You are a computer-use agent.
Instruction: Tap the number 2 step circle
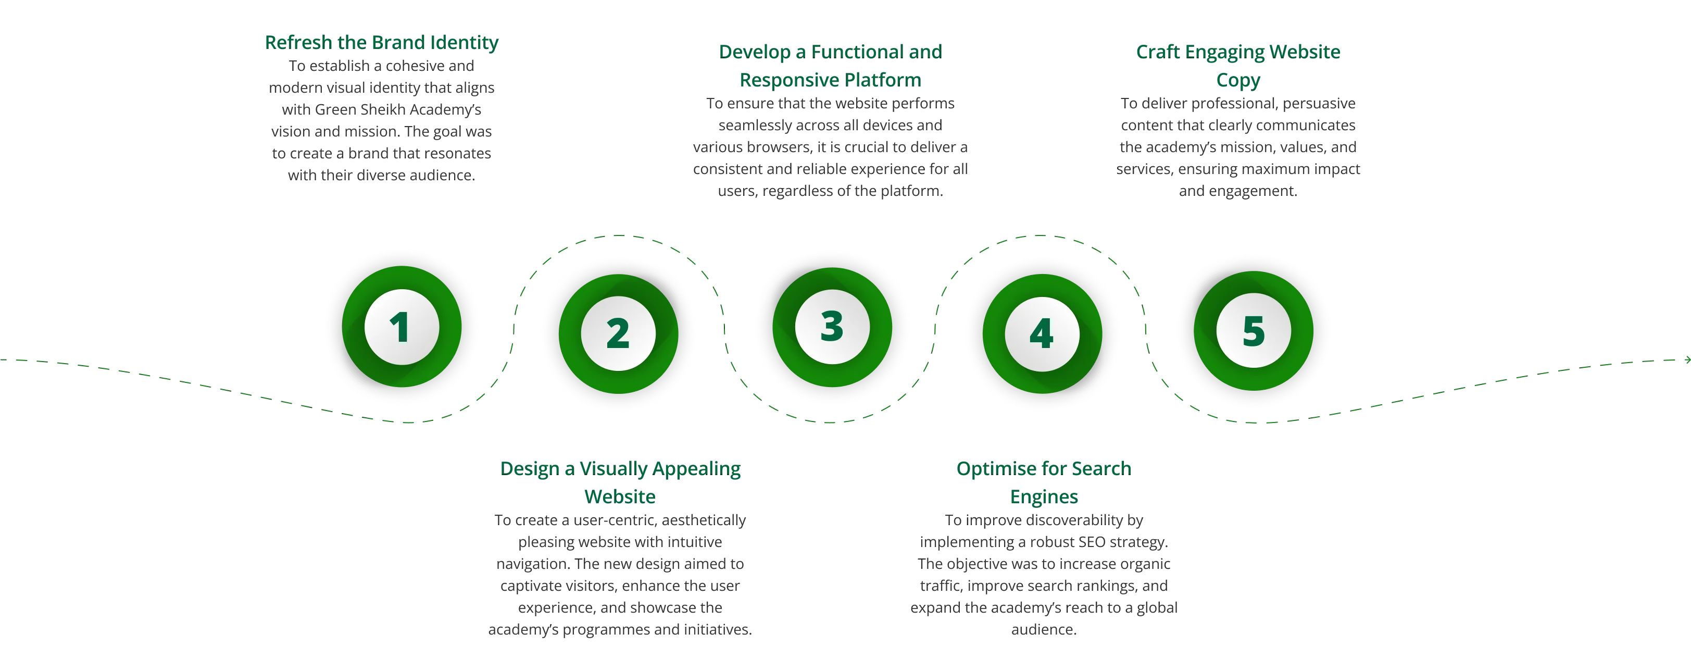coord(618,333)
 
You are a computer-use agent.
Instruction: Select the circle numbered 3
coord(832,326)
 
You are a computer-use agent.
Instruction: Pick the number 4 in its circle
coord(1042,333)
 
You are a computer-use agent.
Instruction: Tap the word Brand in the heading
coord(398,43)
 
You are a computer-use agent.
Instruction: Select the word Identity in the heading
coord(464,43)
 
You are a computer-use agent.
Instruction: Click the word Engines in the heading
coord(1043,497)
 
